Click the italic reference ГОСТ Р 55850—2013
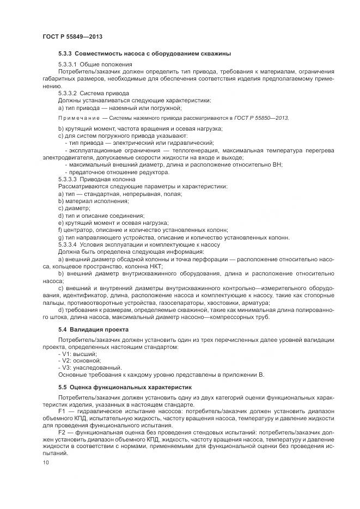[261, 118]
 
